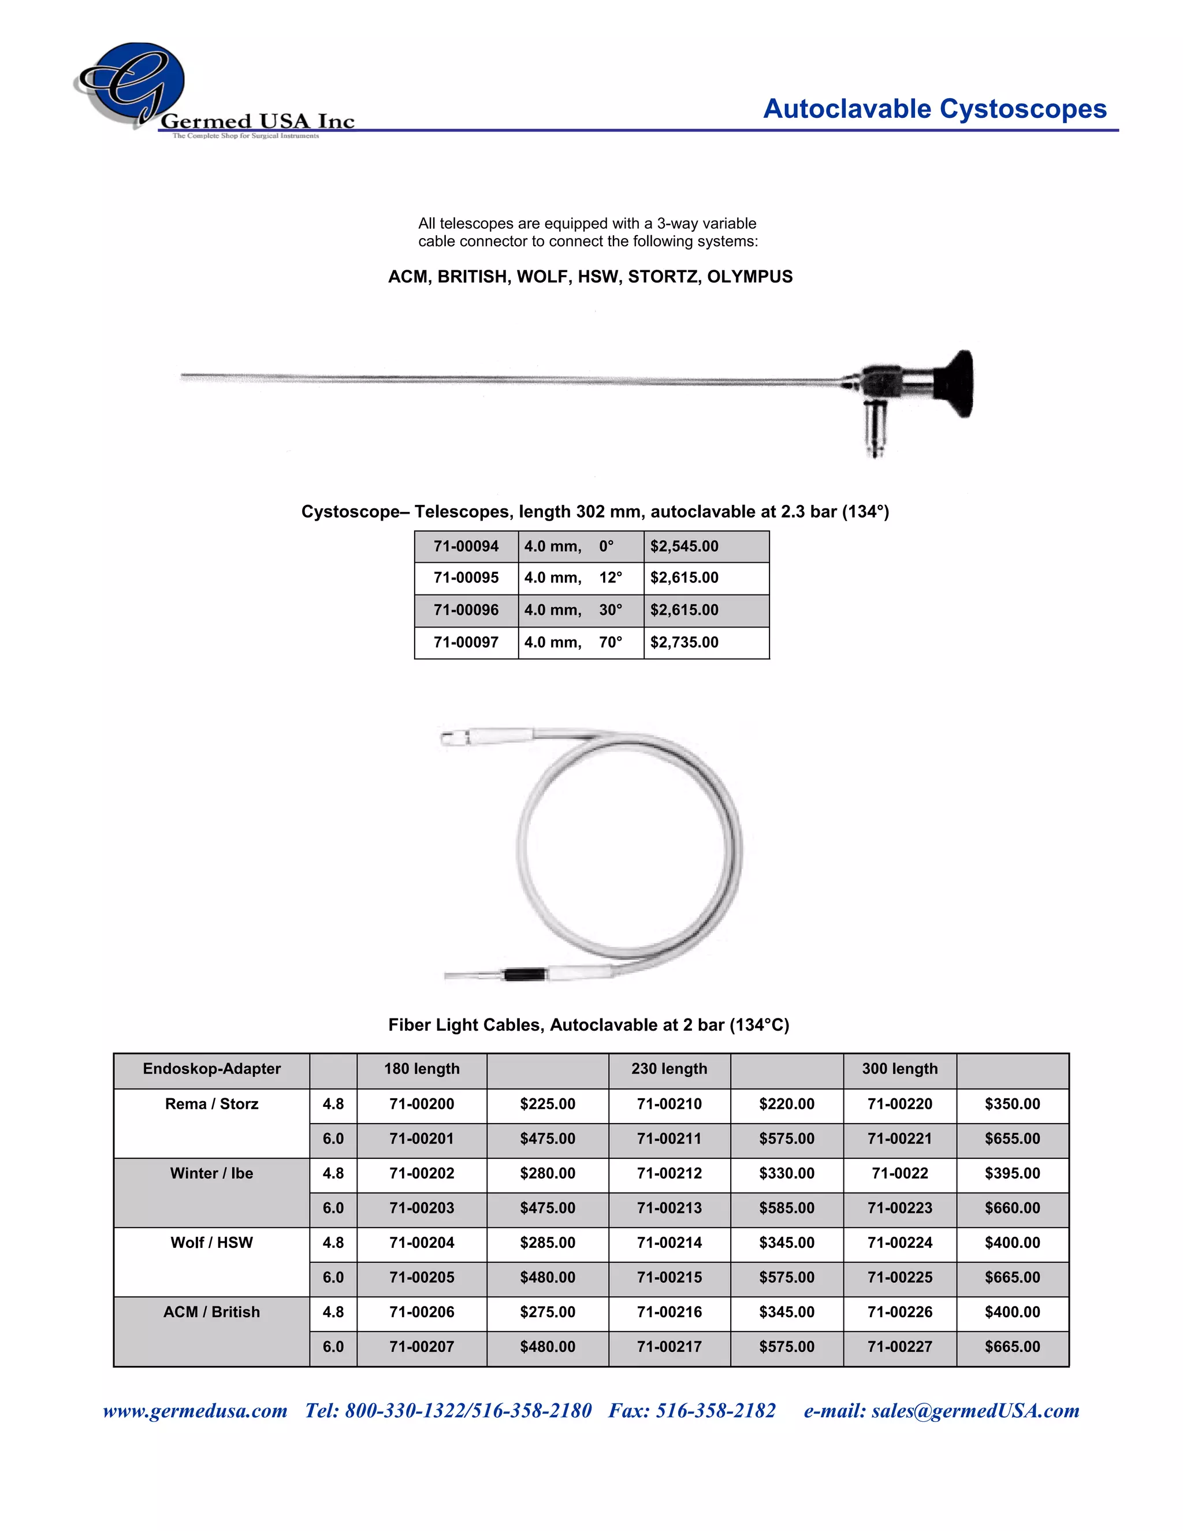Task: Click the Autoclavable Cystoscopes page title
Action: click(934, 109)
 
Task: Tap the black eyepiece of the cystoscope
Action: click(957, 384)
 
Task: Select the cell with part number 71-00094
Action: click(466, 546)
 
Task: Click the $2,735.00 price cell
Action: click(684, 642)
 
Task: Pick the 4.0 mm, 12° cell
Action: click(573, 578)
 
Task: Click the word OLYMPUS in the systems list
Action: click(749, 276)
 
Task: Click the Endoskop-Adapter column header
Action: click(211, 1069)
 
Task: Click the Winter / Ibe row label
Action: click(211, 1173)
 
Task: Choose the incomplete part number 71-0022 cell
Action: click(899, 1173)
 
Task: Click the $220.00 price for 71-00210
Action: click(786, 1104)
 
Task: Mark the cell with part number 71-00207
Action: click(421, 1347)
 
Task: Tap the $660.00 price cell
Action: click(1012, 1208)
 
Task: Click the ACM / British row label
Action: click(211, 1312)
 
